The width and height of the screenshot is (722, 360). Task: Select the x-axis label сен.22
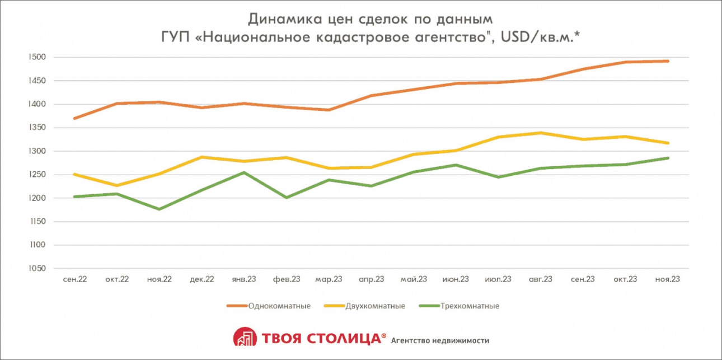click(x=74, y=279)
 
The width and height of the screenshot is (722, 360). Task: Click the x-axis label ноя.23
click(x=668, y=279)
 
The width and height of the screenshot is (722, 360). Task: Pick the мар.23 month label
click(x=329, y=279)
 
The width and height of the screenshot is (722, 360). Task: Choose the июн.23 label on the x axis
click(x=456, y=279)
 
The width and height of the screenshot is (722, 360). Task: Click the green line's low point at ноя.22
click(x=159, y=209)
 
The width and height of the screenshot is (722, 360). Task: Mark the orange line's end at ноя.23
click(x=668, y=61)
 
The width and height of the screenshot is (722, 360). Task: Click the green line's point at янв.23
click(x=244, y=172)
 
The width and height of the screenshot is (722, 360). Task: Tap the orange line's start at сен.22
click(x=74, y=118)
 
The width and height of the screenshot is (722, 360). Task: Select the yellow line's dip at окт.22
click(x=117, y=185)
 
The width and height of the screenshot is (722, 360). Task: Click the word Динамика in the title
click(x=285, y=18)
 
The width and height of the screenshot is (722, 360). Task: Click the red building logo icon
click(x=243, y=338)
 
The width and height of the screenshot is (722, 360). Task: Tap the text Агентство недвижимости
click(x=440, y=340)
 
